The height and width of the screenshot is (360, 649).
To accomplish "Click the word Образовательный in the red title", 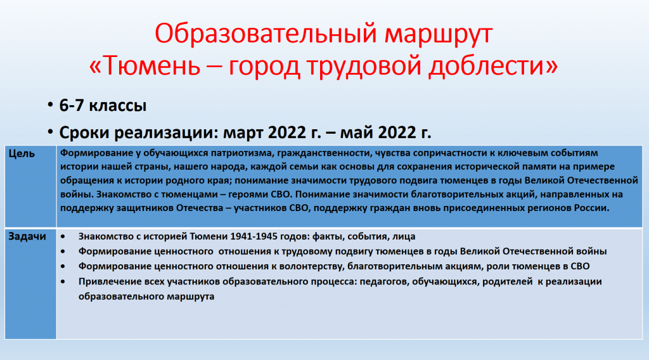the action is click(x=266, y=33).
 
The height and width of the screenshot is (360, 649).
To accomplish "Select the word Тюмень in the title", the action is click(x=151, y=65).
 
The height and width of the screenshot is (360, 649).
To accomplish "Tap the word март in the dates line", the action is click(x=243, y=133).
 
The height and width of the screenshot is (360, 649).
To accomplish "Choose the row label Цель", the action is click(x=22, y=153).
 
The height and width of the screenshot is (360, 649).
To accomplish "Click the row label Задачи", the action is click(x=27, y=236).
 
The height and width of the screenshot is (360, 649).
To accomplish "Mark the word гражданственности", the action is click(x=324, y=153).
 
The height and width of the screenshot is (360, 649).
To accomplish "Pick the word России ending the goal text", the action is click(x=591, y=208).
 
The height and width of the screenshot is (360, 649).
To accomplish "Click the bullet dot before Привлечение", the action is click(x=63, y=281).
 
